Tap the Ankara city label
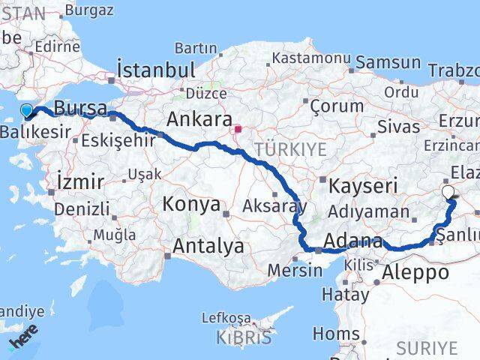coord(198,119)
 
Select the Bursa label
coord(80,108)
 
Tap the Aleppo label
coord(415,274)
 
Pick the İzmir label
coord(79,181)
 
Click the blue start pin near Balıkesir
coord(27,112)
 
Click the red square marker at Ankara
coord(238,129)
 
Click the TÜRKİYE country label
coord(290,149)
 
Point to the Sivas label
coord(398,126)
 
